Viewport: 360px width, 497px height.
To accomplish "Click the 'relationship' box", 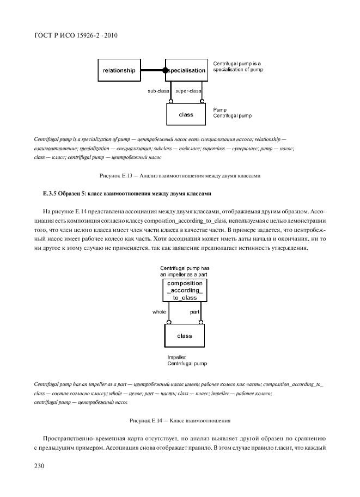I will pyautogui.click(x=119, y=71).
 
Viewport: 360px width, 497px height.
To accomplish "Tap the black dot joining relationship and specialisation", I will pyautogui.click(x=166, y=71).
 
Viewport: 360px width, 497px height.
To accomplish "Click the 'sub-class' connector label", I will pyautogui.click(x=158, y=90).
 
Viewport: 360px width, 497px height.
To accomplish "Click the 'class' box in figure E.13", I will pyautogui.click(x=186, y=115).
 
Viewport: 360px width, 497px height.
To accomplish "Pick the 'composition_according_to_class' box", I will pyautogui.click(x=185, y=291).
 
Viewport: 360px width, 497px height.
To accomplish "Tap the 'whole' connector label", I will pyautogui.click(x=160, y=312).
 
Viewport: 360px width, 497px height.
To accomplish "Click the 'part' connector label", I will pyautogui.click(x=195, y=312).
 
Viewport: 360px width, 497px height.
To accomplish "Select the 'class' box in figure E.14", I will pyautogui.click(x=185, y=336).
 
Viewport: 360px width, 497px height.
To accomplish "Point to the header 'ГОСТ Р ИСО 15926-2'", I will pyautogui.click(x=68, y=36).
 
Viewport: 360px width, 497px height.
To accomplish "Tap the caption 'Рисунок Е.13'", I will pyautogui.click(x=117, y=175).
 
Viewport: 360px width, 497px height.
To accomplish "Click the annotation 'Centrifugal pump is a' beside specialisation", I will pyautogui.click(x=237, y=63).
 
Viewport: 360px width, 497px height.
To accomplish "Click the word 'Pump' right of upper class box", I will pyautogui.click(x=219, y=109).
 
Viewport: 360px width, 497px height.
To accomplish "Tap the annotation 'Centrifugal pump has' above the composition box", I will pyautogui.click(x=185, y=268).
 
